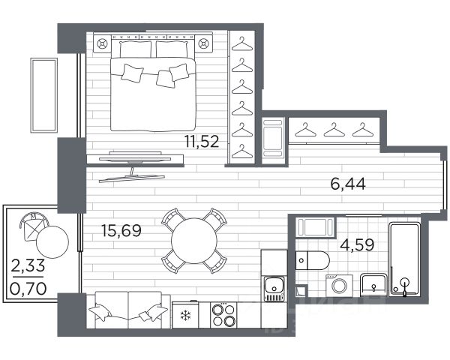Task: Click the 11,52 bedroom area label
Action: coord(202,142)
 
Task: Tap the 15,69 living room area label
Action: coord(121,231)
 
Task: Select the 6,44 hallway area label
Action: coord(348,184)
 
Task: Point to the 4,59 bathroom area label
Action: coord(357,245)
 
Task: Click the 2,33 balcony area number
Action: coord(28,265)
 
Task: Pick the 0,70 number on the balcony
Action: coord(28,289)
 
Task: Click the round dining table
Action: coord(194,241)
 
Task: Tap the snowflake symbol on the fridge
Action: coord(185,316)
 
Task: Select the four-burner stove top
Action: coord(223,315)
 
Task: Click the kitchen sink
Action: coord(274,289)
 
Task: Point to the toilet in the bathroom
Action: coord(312,260)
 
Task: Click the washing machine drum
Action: coord(340,286)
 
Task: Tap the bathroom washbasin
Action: coord(373,285)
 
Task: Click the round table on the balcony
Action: coord(52,241)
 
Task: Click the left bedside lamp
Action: coord(101,44)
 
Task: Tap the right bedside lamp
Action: coord(203,44)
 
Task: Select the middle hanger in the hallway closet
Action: coord(334,130)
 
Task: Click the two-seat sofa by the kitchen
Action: coord(128,310)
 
